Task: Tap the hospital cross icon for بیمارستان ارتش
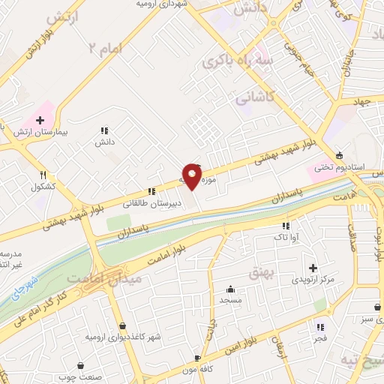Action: click(40, 119)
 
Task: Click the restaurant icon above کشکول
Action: click(43, 174)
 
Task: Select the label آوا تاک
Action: click(285, 237)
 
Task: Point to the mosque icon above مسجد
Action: click(230, 289)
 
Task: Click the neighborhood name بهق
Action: click(262, 270)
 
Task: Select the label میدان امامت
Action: click(94, 278)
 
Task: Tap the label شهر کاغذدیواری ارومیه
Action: click(124, 337)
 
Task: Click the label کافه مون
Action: click(198, 370)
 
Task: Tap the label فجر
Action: click(320, 338)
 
